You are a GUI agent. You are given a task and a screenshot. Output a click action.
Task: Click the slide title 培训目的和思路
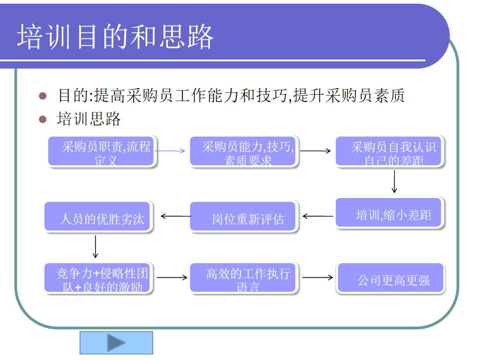coord(115,37)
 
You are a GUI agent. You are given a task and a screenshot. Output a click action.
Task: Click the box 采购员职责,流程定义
coord(102,150)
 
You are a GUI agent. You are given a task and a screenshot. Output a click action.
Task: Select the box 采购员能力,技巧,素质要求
coord(244,150)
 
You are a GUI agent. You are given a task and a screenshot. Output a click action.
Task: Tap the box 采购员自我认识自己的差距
coord(389,151)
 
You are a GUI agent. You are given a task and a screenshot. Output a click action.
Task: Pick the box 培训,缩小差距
coord(389,213)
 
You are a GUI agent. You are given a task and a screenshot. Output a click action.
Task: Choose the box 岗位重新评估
coord(243,217)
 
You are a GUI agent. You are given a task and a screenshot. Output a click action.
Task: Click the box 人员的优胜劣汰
coord(98,217)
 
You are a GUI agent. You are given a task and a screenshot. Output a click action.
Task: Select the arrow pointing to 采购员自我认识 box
coord(316,150)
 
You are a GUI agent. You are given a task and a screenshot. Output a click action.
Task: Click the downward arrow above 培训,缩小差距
coord(394,182)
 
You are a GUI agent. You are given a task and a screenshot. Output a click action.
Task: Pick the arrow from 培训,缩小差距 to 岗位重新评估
coord(317,216)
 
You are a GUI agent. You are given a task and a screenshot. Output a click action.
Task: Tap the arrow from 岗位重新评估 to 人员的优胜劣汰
coord(176,216)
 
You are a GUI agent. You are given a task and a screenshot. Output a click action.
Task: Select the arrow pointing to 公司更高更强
coord(317,277)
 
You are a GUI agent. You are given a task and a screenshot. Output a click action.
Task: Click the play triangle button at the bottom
coord(116,343)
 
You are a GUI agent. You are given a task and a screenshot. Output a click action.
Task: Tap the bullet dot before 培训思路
coord(43,119)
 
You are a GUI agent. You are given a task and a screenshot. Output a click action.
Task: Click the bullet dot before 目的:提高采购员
coord(43,96)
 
